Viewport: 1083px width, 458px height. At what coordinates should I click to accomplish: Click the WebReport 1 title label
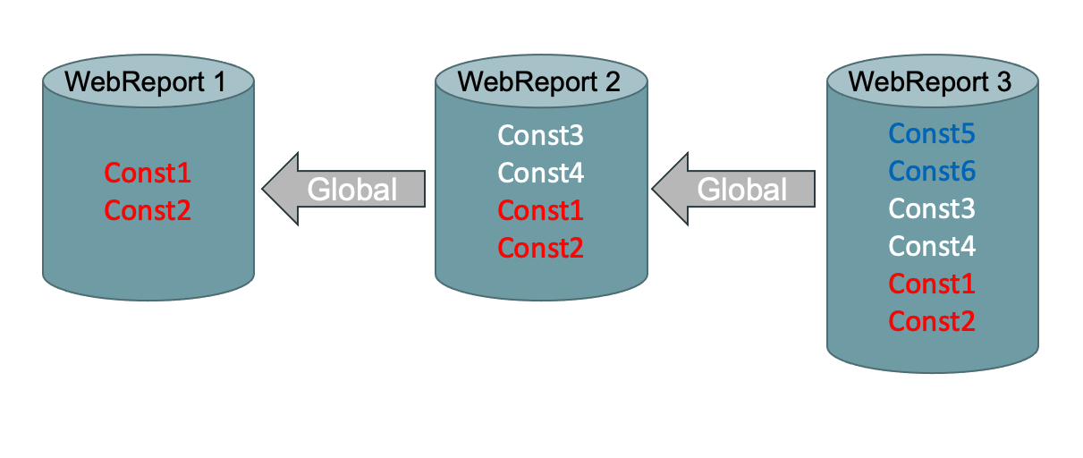pos(147,81)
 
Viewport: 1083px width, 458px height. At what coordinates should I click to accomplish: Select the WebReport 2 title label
pos(538,81)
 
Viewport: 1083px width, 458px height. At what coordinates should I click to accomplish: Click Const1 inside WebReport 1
pos(148,173)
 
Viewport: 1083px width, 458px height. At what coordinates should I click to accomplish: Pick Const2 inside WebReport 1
pos(148,210)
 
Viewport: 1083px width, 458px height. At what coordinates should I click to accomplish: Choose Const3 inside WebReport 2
pos(540,136)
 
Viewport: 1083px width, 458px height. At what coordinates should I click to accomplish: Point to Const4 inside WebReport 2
pos(540,173)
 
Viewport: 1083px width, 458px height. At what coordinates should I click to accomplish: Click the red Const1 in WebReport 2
pos(540,210)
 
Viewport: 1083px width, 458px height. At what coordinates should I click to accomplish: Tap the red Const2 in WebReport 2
pos(540,248)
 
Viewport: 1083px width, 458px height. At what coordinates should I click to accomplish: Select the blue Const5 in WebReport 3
pos(931,134)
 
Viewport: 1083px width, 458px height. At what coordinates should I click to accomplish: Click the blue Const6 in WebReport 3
pos(931,171)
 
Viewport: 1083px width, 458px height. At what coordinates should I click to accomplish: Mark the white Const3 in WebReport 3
pos(931,208)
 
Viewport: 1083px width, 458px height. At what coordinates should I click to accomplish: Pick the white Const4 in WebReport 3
pos(931,246)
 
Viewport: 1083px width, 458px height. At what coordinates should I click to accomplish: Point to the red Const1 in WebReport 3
pos(931,284)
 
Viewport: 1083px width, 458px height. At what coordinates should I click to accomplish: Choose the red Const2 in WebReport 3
pos(931,321)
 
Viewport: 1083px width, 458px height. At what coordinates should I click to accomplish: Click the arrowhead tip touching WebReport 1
pos(266,189)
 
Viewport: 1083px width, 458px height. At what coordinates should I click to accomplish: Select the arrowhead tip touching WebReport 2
pos(656,189)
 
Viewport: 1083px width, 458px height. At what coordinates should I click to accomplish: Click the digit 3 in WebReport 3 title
pos(1003,81)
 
